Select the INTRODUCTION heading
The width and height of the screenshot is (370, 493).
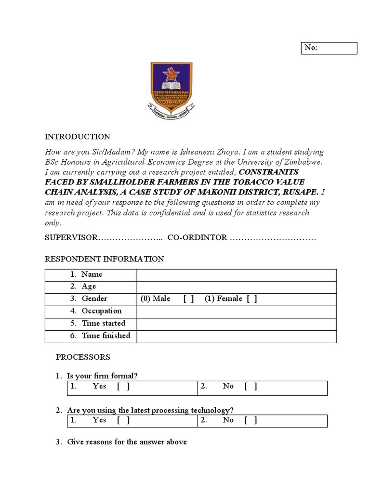click(x=78, y=137)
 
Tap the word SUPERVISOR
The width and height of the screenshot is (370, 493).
click(x=71, y=238)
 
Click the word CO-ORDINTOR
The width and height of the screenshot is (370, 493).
click(x=197, y=238)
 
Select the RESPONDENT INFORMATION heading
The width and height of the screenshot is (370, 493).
click(x=105, y=259)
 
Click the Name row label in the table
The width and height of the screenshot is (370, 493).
click(x=92, y=274)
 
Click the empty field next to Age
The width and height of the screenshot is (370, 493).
click(x=236, y=287)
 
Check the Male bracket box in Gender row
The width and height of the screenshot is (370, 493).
click(x=188, y=299)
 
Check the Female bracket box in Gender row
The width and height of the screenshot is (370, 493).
click(x=251, y=299)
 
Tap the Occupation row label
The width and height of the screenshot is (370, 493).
click(x=101, y=311)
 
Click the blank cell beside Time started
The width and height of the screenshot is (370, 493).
click(x=236, y=324)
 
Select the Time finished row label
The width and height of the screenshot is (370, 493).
click(x=106, y=336)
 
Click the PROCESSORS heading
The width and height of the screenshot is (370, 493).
click(x=83, y=357)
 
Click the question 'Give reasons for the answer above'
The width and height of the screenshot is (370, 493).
click(x=127, y=442)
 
